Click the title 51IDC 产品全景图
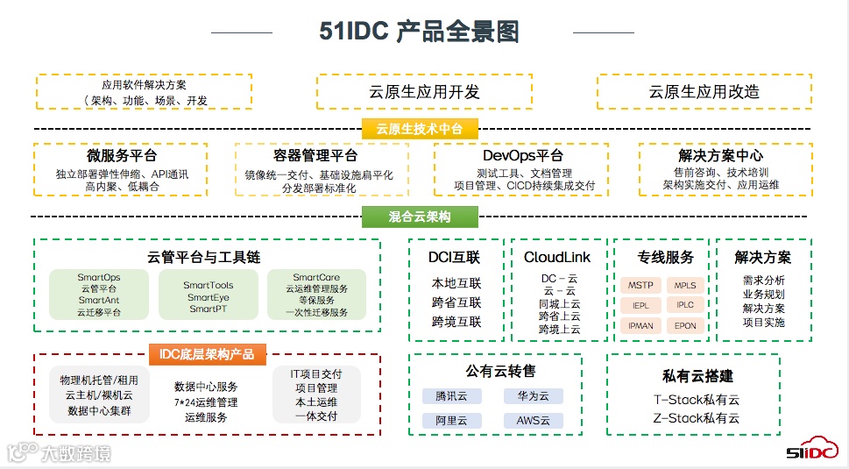point(419,32)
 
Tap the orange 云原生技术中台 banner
point(420,129)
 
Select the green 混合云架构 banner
point(420,216)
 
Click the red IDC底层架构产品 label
point(206,354)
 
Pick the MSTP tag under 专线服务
point(642,285)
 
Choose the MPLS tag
point(685,285)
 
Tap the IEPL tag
point(642,305)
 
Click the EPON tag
point(685,325)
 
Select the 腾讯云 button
point(451,396)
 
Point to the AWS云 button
point(533,420)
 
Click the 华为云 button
point(533,396)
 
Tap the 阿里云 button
point(451,420)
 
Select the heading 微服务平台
point(121,156)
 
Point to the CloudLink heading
point(557,258)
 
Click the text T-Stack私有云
point(696,400)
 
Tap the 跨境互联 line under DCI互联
point(456,322)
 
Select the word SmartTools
point(209,285)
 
